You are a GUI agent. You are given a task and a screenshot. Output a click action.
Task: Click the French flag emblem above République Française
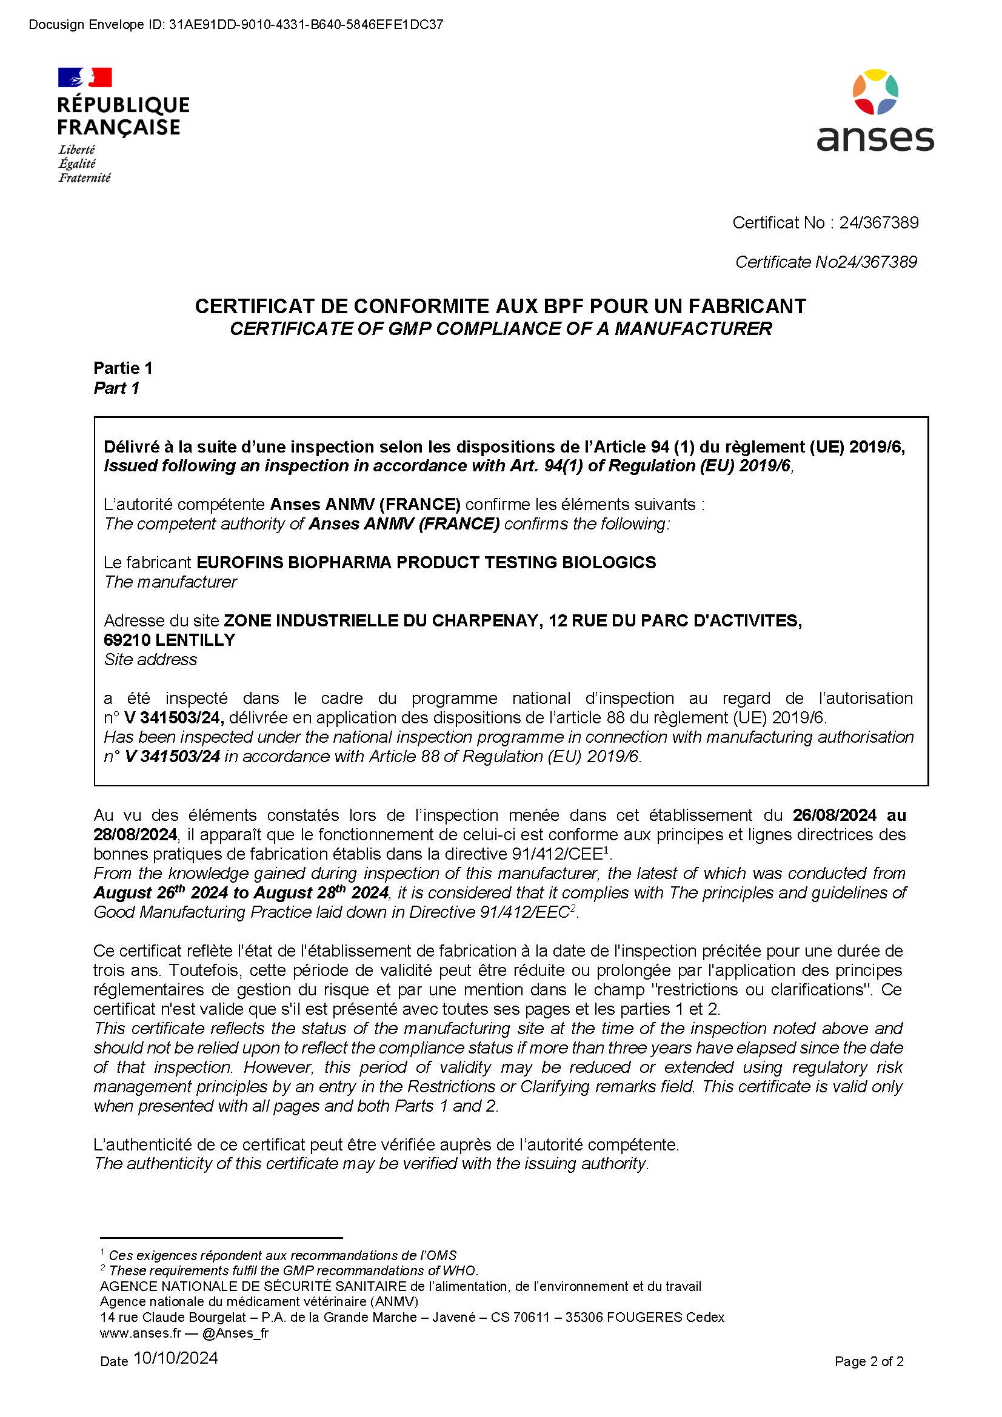tap(85, 77)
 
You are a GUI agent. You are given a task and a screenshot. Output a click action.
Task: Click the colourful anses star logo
tap(875, 92)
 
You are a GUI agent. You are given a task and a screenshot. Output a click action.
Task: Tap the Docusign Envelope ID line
tap(236, 25)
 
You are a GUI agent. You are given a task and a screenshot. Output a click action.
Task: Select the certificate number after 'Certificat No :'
tap(878, 223)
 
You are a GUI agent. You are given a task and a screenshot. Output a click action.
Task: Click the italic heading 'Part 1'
tap(116, 388)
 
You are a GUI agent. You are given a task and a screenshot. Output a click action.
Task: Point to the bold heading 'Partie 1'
tap(123, 368)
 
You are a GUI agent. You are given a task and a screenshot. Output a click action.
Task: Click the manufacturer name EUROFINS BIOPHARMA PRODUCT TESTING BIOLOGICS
tap(426, 562)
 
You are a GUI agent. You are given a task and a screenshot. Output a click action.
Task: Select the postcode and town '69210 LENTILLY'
tap(170, 640)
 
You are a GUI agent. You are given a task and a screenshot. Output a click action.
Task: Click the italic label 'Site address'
tap(151, 660)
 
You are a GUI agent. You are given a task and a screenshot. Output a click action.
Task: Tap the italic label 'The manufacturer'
tap(170, 582)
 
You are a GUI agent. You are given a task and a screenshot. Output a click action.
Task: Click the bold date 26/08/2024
tap(834, 815)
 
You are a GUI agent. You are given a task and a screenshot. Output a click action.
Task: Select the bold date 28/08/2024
tap(135, 835)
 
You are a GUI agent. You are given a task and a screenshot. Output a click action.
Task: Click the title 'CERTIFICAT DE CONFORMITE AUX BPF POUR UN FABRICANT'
tap(500, 306)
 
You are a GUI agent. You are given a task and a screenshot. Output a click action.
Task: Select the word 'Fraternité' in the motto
tap(85, 178)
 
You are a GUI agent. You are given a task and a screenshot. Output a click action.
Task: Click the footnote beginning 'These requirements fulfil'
tap(293, 1271)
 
